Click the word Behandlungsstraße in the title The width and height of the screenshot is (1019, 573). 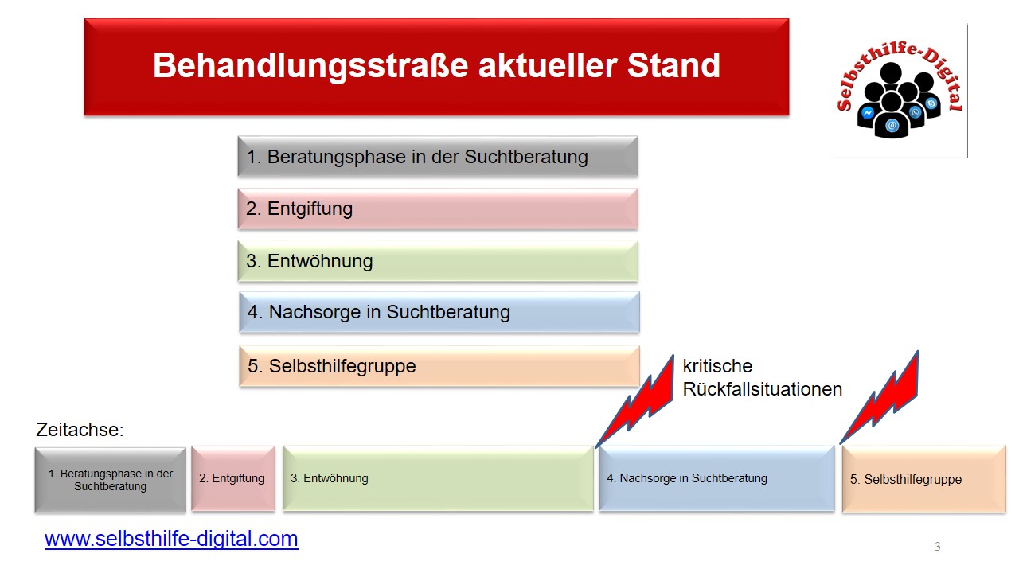[x=310, y=66]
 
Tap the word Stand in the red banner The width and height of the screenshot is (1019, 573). [x=673, y=65]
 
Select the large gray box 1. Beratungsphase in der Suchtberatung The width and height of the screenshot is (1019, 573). [x=438, y=157]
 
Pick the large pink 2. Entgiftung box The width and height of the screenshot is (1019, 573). [x=438, y=209]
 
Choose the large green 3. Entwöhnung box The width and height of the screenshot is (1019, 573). [x=438, y=261]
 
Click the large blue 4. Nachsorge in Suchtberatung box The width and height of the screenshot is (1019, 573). [x=439, y=313]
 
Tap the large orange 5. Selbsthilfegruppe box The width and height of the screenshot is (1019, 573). [x=439, y=366]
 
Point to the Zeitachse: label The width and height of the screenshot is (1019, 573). [x=80, y=430]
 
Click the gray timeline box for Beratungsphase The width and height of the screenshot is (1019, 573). [x=111, y=480]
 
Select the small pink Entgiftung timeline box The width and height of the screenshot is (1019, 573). [x=233, y=478]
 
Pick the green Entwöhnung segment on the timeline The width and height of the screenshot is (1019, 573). [x=438, y=478]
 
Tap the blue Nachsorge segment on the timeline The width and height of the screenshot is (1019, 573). [x=717, y=478]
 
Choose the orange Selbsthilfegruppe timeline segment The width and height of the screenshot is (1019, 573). [x=924, y=479]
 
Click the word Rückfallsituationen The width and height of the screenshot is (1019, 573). [x=763, y=389]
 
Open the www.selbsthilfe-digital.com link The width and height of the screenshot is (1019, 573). [x=171, y=539]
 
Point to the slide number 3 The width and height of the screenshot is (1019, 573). [x=938, y=546]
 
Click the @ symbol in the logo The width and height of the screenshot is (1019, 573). [x=892, y=125]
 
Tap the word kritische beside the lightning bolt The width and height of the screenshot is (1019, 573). [x=717, y=366]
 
